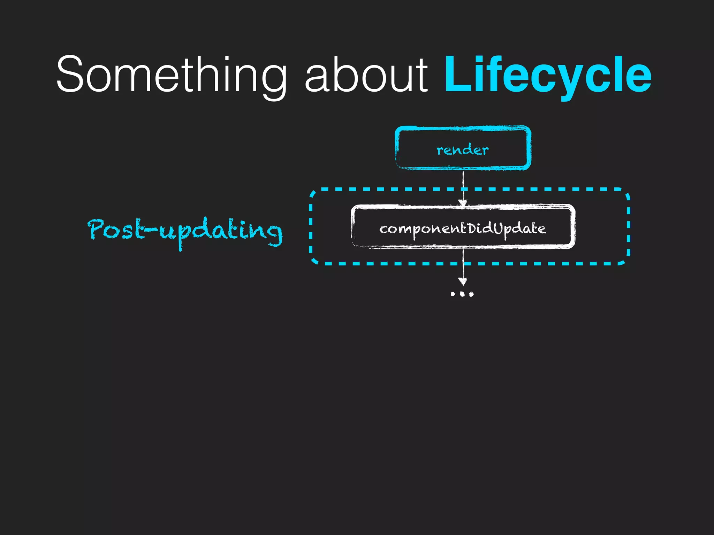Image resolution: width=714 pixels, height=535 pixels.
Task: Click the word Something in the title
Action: tap(171, 75)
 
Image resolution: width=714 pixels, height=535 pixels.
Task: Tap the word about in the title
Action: tap(366, 75)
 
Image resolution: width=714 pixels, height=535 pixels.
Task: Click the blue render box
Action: tap(463, 148)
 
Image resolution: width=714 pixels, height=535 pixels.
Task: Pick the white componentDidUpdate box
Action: tap(463, 227)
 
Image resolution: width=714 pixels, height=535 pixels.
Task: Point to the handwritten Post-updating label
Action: tap(185, 231)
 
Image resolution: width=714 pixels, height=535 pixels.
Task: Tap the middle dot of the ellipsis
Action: tap(462, 294)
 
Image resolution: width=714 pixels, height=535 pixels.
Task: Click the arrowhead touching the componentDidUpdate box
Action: tap(463, 203)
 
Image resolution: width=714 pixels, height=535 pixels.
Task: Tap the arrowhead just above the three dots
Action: tap(463, 281)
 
